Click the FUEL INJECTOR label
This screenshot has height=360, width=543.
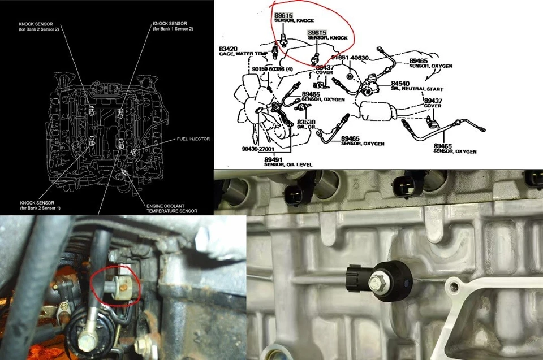tap(178, 138)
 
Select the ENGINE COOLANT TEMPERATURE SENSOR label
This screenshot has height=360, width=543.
tap(172, 208)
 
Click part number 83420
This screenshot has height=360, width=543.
tap(229, 49)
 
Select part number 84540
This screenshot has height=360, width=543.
tap(400, 83)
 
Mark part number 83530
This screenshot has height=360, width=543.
tap(305, 121)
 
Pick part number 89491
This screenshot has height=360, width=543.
tap(273, 159)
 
